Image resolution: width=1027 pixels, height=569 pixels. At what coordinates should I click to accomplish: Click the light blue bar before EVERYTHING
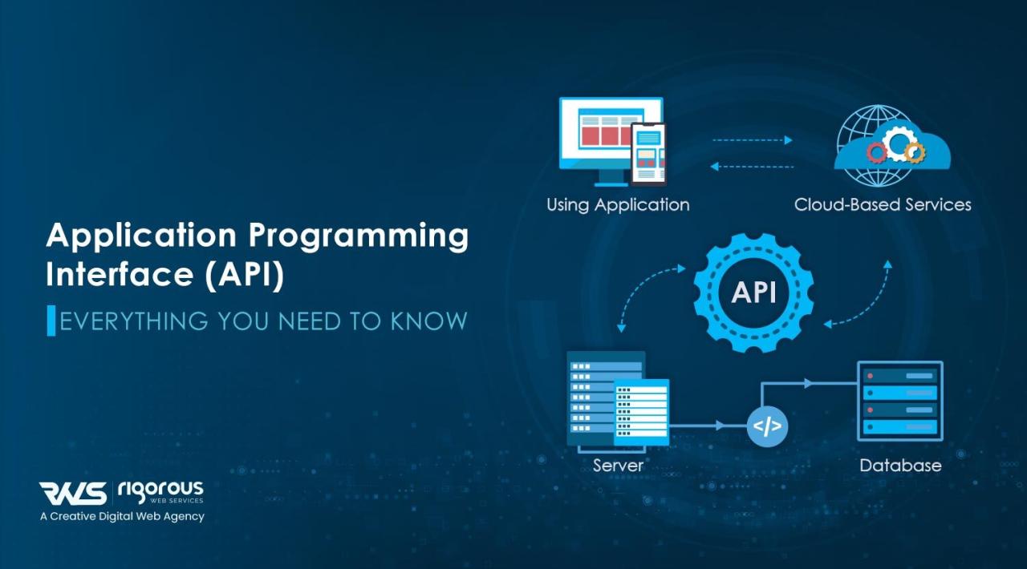pyautogui.click(x=51, y=321)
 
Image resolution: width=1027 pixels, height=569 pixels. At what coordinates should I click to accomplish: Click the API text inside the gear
pyautogui.click(x=753, y=293)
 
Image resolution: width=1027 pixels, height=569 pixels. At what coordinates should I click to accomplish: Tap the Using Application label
pyautogui.click(x=618, y=204)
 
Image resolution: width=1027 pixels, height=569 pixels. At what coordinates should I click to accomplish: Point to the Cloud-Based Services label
pyautogui.click(x=883, y=204)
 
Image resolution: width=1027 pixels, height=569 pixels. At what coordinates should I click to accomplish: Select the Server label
pyautogui.click(x=618, y=465)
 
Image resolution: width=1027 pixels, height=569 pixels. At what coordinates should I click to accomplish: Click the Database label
pyautogui.click(x=900, y=465)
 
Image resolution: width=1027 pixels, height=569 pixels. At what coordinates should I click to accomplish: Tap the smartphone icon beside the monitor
pyautogui.click(x=648, y=154)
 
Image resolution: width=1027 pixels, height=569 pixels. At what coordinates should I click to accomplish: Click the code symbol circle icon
pyautogui.click(x=767, y=426)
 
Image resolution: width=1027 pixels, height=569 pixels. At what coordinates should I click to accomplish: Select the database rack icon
pyautogui.click(x=899, y=400)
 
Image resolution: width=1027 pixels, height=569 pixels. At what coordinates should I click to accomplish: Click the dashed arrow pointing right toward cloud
pyautogui.click(x=752, y=140)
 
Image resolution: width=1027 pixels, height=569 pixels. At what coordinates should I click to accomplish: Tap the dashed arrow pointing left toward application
pyautogui.click(x=752, y=167)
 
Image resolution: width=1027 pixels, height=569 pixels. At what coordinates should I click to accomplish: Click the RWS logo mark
pyautogui.click(x=73, y=493)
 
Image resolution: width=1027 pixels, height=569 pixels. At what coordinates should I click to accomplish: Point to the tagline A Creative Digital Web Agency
pyautogui.click(x=122, y=517)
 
